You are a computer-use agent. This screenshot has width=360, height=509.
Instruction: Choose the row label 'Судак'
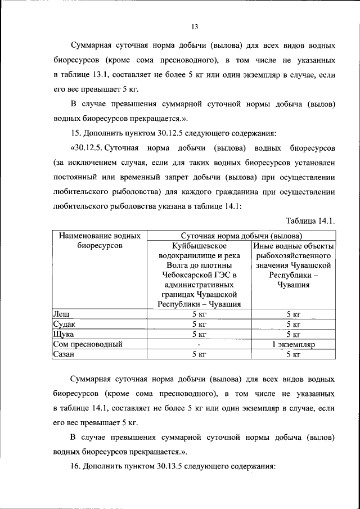tap(64, 325)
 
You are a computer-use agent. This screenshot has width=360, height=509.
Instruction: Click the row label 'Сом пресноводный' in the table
tap(87, 344)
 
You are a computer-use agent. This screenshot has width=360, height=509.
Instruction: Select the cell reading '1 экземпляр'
tap(293, 344)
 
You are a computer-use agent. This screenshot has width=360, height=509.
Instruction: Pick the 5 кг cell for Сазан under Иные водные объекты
tap(293, 354)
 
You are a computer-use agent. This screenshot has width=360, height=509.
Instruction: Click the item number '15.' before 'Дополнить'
tap(76, 133)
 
